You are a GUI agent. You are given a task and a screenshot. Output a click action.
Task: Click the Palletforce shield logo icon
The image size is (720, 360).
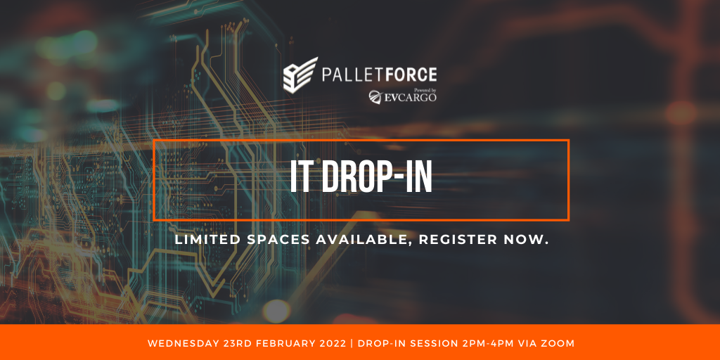pyautogui.click(x=300, y=75)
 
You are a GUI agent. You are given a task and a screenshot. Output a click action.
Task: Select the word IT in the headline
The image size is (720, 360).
pyautogui.click(x=300, y=177)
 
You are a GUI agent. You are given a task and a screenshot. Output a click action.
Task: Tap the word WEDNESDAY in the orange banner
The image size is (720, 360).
pyautogui.click(x=176, y=343)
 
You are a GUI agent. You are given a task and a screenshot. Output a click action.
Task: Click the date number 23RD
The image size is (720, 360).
pyautogui.click(x=223, y=343)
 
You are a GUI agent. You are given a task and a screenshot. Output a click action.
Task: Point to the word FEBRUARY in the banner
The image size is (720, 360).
pyautogui.click(x=266, y=343)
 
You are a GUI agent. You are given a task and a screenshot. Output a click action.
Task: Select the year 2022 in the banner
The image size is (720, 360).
pyautogui.click(x=309, y=343)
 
